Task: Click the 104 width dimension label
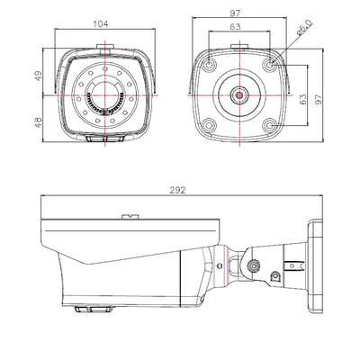(101, 23)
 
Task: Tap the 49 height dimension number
(39, 76)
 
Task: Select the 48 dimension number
(39, 122)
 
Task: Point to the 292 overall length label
(178, 190)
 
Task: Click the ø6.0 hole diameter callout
(304, 28)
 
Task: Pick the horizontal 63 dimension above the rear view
(235, 27)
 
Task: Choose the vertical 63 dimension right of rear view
(303, 99)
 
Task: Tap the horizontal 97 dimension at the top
(236, 13)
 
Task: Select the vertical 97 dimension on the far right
(318, 99)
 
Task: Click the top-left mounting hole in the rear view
(210, 64)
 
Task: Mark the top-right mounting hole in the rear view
(271, 64)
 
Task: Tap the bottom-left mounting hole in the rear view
(210, 125)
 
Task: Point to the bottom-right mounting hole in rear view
(271, 125)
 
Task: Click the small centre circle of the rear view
(239, 95)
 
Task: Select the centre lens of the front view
(104, 95)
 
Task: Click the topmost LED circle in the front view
(104, 69)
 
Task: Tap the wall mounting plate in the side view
(315, 266)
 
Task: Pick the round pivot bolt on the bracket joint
(254, 265)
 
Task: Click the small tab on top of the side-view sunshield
(130, 216)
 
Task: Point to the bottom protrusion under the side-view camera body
(92, 308)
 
